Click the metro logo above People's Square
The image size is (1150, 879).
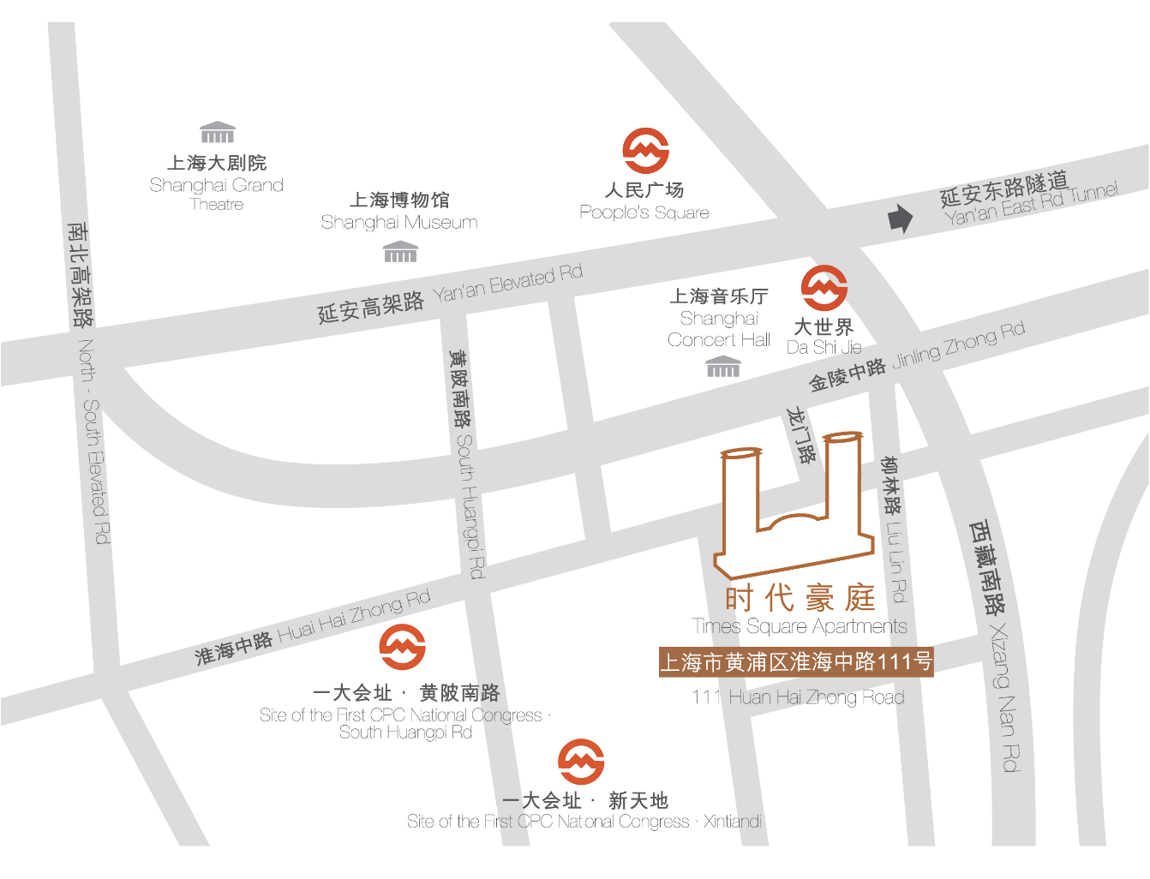pos(645,151)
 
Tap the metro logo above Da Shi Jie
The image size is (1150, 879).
pos(824,288)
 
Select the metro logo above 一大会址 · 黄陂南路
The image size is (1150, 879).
pos(402,647)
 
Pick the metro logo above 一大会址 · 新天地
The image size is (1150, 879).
pos(580,762)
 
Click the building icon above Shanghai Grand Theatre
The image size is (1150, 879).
pos(217,132)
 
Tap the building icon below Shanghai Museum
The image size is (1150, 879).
pos(400,252)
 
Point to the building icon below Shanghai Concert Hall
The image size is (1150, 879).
pos(722,367)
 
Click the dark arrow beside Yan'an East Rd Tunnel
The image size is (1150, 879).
pos(900,219)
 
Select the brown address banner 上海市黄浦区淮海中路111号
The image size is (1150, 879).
pos(795,661)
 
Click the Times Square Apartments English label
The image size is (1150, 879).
pos(799,626)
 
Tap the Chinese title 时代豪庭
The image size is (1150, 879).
pos(800,597)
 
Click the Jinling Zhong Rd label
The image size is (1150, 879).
pos(958,344)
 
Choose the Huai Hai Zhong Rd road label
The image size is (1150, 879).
pos(353,617)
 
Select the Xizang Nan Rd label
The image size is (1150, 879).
pos(1004,697)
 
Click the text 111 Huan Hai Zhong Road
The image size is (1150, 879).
pos(798,697)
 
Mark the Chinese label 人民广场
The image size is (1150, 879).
pos(644,190)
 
